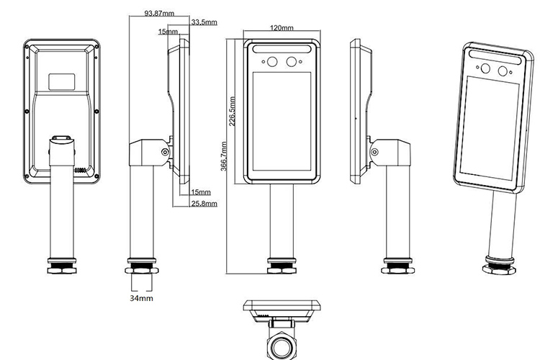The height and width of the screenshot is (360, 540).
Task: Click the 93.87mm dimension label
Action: coord(158,13)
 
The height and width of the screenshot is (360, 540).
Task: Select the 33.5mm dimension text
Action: coord(204,22)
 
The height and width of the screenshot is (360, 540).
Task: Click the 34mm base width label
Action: coord(141,297)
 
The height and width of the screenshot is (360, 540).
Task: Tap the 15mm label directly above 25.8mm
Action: coord(201,192)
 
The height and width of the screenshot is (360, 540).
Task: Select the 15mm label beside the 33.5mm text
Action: coord(168,32)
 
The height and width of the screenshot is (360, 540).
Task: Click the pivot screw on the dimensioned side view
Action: coord(166,152)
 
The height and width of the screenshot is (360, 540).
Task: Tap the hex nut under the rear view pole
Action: coord(61,269)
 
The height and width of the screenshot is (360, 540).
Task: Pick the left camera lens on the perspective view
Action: coord(485,69)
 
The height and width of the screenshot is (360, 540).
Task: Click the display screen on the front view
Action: coord(281,122)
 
